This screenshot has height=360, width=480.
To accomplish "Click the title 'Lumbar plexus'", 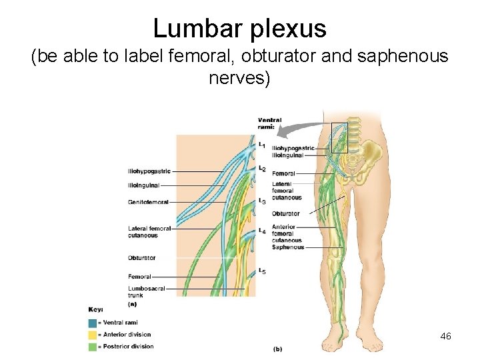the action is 239,28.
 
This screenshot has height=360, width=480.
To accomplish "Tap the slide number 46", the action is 446,337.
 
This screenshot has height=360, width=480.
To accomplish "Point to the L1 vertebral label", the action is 262,145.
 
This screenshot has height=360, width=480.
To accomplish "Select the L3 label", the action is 262,201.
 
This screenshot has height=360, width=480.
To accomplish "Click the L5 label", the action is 262,271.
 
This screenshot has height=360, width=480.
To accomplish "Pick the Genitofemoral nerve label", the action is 148,202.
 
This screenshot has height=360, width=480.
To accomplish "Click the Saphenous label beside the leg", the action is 287,247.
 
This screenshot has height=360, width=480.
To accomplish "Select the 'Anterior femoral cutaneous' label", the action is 287,234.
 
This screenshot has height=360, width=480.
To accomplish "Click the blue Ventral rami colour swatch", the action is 91,323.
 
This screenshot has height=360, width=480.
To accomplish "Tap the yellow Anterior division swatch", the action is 91,335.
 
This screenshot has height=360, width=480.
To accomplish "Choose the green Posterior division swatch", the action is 91,347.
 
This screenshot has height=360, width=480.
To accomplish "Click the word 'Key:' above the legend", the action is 95,309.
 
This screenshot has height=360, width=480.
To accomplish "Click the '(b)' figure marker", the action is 277,349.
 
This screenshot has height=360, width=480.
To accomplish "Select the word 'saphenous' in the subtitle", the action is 403,57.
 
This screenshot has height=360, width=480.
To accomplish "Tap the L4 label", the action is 262,231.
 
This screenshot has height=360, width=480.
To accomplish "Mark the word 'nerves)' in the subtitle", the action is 239,79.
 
